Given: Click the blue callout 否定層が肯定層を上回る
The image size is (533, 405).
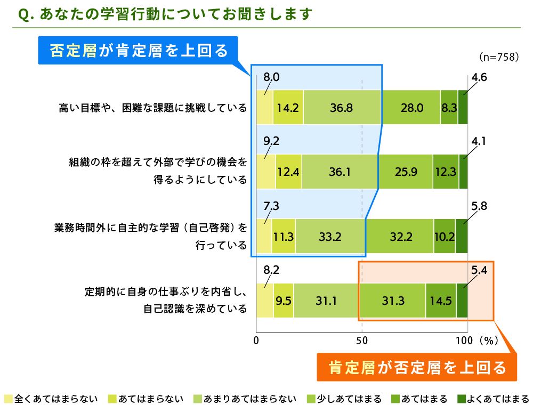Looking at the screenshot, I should tap(138, 50).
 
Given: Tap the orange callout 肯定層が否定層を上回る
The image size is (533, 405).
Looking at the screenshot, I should tap(417, 367).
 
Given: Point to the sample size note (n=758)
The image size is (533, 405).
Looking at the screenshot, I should tap(499, 57).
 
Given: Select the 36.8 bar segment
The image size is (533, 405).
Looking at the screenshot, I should tap(342, 108).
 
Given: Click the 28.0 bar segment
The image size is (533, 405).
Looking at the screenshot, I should tap(411, 108).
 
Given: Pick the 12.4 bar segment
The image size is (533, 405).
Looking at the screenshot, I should tap(288, 172).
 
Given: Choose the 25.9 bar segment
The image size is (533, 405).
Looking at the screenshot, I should tap(405, 172).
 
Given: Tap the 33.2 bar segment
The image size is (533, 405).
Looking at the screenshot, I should tap(330, 236).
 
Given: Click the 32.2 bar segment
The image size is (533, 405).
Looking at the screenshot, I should tap(399, 236).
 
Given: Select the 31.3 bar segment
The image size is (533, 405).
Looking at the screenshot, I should tap(393, 301).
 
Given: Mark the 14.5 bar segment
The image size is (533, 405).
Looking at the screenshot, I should tap(441, 301).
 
